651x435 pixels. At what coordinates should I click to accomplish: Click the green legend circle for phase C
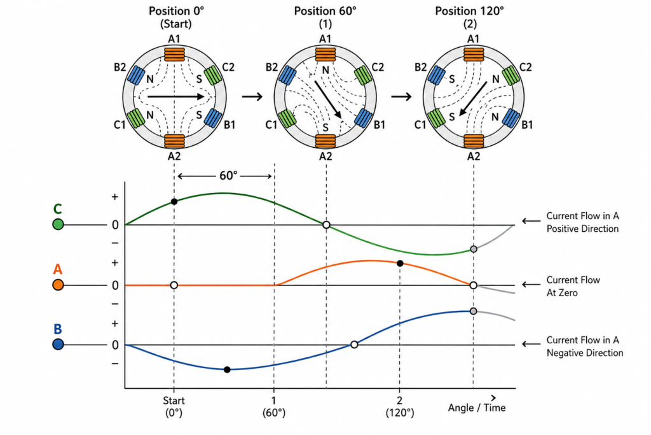point(58,225)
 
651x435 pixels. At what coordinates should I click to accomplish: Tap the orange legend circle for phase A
point(58,285)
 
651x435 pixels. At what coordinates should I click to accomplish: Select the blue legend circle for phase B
point(58,345)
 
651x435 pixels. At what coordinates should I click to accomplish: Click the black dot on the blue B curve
point(227,369)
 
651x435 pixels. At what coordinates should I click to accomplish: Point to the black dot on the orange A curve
point(400,263)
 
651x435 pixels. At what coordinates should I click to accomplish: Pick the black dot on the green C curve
point(174,202)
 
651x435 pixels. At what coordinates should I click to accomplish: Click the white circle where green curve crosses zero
point(326,225)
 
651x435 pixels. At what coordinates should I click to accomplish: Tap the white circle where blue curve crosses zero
point(354,345)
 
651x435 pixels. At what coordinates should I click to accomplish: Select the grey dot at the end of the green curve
point(473,249)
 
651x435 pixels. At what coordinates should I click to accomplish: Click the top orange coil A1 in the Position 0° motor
point(174,55)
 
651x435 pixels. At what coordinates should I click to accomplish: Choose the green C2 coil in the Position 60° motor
point(363,75)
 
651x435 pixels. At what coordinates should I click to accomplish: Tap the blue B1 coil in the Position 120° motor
point(511,118)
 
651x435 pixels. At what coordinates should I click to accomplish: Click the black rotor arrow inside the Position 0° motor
point(176,96)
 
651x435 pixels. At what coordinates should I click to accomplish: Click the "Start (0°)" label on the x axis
point(174,407)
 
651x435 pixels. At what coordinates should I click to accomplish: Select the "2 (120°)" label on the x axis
point(400,407)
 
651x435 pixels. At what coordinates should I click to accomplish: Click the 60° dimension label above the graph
point(228,176)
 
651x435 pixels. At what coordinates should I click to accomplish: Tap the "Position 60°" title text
point(325,11)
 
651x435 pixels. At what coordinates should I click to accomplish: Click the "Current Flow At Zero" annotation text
point(573,286)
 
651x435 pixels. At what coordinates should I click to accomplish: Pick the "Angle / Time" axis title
point(477,408)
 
